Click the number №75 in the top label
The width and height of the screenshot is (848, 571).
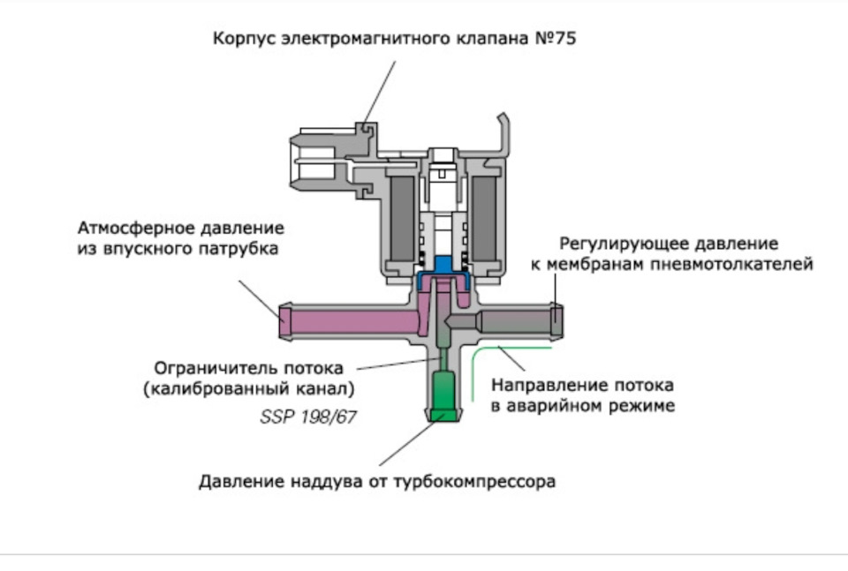552,40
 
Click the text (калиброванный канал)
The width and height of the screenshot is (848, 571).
249,388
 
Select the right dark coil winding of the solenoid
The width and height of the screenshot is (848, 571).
487,215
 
